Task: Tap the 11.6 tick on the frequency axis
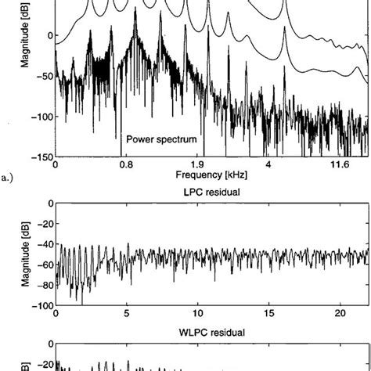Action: pos(340,165)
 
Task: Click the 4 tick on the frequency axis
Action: pos(268,165)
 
